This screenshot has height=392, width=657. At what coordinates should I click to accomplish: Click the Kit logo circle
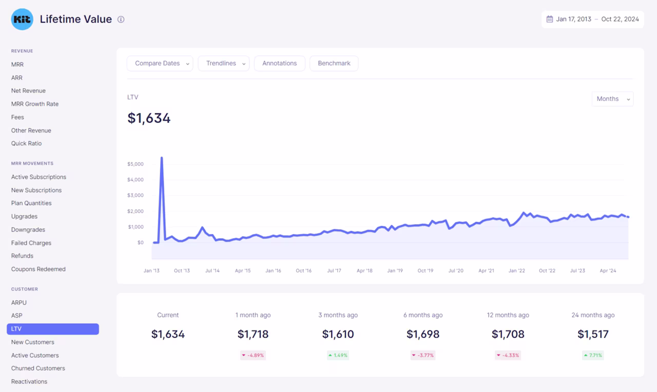(x=22, y=19)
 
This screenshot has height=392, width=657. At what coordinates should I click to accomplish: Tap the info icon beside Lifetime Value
(x=121, y=19)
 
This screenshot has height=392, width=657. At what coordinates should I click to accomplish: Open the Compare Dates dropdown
(x=160, y=63)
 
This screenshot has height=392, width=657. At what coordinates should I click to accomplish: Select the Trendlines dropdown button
(x=223, y=63)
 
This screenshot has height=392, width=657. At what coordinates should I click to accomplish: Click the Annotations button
(x=280, y=63)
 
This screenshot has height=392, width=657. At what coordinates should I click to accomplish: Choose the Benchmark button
(x=334, y=63)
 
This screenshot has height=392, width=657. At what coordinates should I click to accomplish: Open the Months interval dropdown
(x=613, y=99)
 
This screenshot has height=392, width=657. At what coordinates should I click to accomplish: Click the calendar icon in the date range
(x=549, y=19)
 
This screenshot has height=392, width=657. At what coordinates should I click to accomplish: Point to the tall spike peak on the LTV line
(x=162, y=158)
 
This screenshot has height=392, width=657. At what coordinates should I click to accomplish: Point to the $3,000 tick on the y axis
(x=135, y=195)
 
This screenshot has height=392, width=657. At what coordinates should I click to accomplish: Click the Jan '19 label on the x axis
(x=395, y=270)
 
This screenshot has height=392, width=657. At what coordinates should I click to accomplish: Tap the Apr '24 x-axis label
(x=608, y=270)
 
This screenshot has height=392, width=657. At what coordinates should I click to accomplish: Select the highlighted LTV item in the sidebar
(x=53, y=329)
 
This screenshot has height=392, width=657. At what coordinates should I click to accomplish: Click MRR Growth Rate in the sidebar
(x=35, y=104)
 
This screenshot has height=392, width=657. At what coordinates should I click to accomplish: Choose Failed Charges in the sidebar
(x=31, y=243)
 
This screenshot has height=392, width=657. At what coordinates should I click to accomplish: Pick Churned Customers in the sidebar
(x=38, y=368)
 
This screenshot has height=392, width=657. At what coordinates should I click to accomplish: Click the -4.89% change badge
(x=253, y=356)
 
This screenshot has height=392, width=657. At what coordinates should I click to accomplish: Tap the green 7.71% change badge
(x=593, y=356)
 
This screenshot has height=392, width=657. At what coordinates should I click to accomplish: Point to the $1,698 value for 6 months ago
(x=423, y=334)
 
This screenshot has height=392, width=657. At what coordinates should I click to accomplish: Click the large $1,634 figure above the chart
(x=149, y=118)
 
